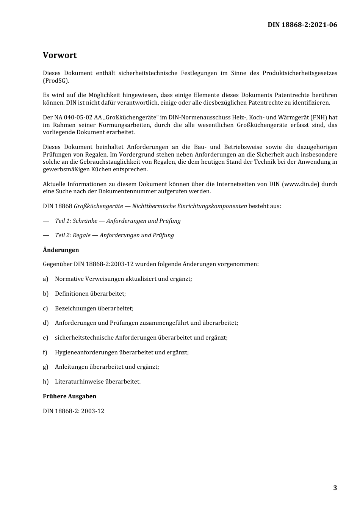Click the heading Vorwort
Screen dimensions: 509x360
click(x=59, y=55)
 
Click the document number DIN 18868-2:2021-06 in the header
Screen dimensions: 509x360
click(x=302, y=25)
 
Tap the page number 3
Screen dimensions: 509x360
click(x=335, y=488)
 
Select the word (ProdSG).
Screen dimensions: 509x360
click(x=56, y=80)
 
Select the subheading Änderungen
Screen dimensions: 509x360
click(x=61, y=250)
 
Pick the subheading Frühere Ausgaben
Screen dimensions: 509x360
click(x=69, y=396)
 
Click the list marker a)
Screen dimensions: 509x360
click(x=45, y=279)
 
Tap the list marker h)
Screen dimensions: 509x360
click(x=45, y=382)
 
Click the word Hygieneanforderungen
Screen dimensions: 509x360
click(x=86, y=352)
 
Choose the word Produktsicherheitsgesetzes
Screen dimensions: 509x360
click(x=300, y=73)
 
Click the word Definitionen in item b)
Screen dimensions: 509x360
click(x=72, y=294)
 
